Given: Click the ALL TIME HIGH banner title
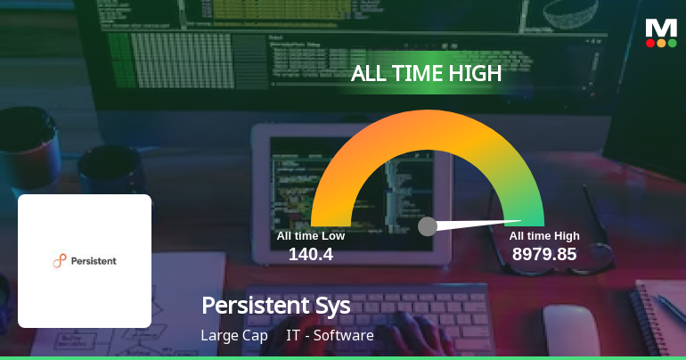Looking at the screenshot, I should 427,74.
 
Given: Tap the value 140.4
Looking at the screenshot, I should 310,254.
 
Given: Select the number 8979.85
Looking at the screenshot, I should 543,254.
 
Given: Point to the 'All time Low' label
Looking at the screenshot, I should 310,236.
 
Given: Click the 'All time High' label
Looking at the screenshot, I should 544,236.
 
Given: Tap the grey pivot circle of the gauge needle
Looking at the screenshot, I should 428,226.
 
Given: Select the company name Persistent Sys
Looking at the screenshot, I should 276,305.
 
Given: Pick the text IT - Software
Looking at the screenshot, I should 330,336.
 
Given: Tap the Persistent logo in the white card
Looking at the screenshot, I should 85,260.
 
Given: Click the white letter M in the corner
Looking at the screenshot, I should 661,27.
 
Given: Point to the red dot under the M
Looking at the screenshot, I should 650,43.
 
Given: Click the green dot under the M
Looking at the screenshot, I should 672,43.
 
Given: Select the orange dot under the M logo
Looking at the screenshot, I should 661,43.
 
